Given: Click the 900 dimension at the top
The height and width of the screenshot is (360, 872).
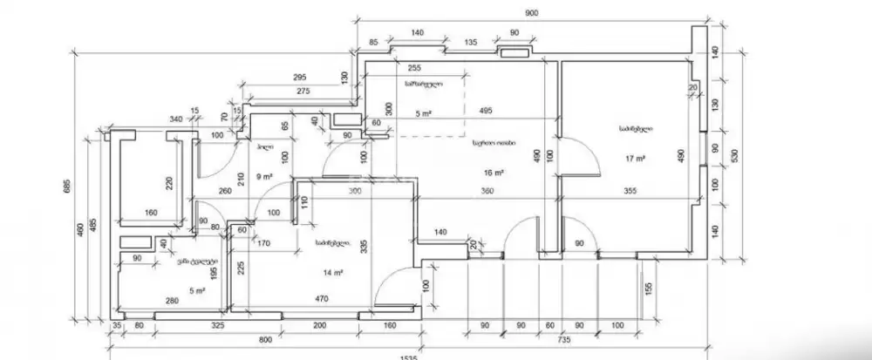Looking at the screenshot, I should [x=531, y=13].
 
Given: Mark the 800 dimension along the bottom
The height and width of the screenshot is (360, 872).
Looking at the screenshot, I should [x=265, y=339].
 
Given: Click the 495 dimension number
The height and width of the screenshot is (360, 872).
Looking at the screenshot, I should [x=487, y=111].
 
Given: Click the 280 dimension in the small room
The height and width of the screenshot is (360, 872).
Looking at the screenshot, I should [x=172, y=301].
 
